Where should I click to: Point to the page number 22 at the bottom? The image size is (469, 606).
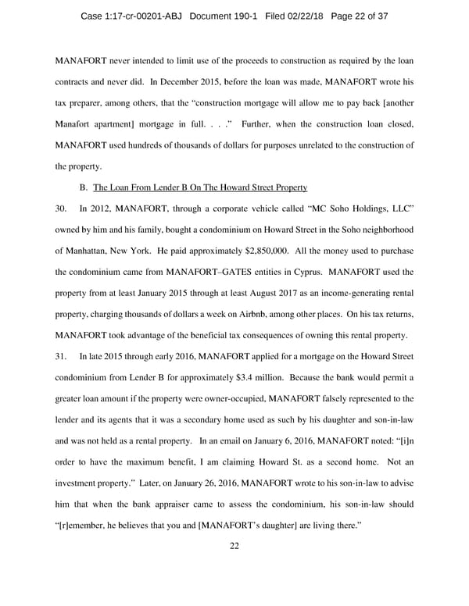(234, 546)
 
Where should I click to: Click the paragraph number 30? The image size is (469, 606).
(63, 209)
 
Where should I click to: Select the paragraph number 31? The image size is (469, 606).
(63, 356)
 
